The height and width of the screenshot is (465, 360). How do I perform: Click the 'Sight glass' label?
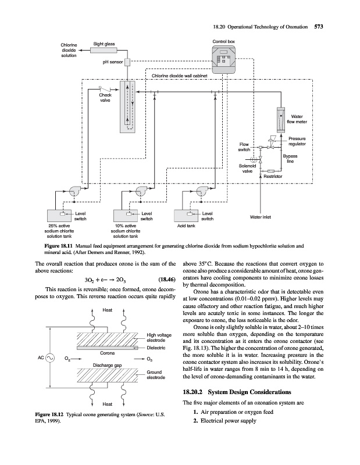[104, 44]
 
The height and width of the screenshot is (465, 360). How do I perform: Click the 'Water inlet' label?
[261, 217]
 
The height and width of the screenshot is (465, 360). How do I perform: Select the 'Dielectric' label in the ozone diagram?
[157, 347]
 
